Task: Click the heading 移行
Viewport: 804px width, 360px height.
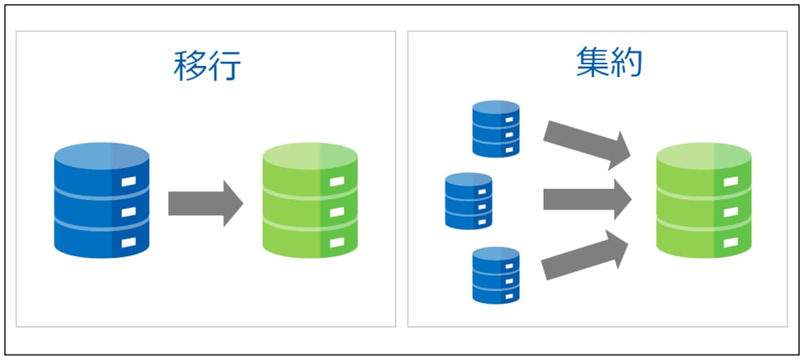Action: click(207, 67)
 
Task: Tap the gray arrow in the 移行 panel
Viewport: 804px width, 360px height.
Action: click(205, 203)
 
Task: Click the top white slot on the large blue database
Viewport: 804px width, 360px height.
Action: click(129, 183)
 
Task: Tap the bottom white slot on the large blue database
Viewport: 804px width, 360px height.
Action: click(129, 241)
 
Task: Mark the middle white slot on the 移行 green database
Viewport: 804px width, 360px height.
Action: click(337, 212)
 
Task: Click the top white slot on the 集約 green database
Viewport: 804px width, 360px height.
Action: click(730, 182)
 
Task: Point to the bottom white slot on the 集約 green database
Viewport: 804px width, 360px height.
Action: click(730, 240)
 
